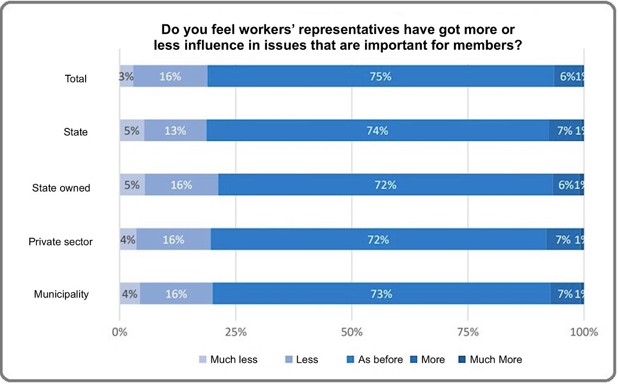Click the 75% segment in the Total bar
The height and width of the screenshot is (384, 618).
click(x=381, y=76)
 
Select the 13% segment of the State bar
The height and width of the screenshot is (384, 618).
click(x=176, y=131)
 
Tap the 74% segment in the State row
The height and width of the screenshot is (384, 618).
click(x=378, y=131)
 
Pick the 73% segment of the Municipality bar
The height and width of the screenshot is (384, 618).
click(x=381, y=294)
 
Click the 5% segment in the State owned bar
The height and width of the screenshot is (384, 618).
click(x=132, y=185)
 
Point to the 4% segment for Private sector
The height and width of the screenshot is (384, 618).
click(x=128, y=239)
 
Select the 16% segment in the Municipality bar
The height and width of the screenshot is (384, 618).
click(x=177, y=294)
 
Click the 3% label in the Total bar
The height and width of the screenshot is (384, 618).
click(x=126, y=76)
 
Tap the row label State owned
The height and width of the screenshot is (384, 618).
click(x=61, y=188)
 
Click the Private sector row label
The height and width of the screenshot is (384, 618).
click(x=61, y=242)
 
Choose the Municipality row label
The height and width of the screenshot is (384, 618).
click(x=61, y=295)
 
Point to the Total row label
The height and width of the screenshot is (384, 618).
click(x=75, y=79)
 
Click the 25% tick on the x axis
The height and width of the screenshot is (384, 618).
click(x=236, y=332)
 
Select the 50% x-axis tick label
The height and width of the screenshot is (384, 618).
click(x=352, y=332)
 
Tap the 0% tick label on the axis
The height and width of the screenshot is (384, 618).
click(x=120, y=332)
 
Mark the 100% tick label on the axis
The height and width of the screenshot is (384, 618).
click(x=583, y=332)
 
